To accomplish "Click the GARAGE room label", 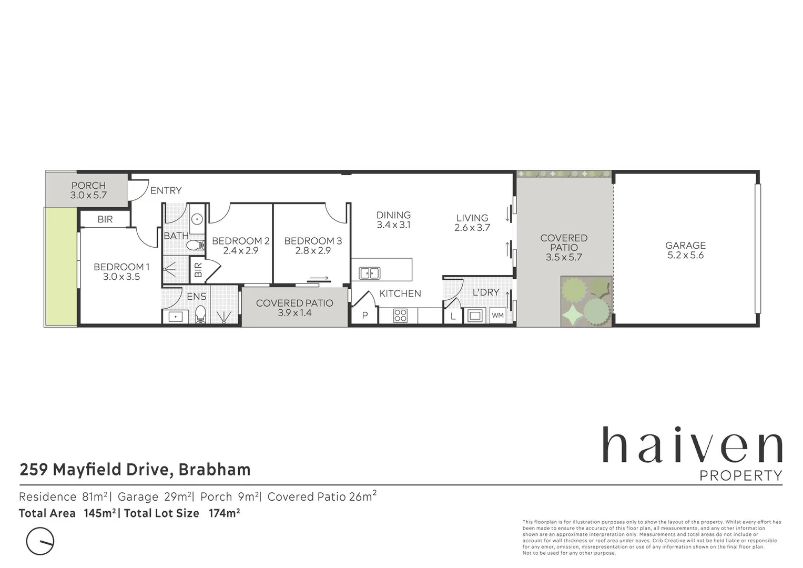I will coord(685,245).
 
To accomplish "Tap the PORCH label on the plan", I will coord(88,185).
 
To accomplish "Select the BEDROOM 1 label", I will coord(121,267).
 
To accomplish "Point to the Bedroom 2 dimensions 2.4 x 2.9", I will coord(240,251).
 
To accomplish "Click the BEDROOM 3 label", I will coord(313,241).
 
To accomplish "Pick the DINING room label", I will coord(393,215).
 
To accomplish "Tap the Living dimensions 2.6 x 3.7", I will coord(472,228).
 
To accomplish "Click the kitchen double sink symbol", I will coord(370,273).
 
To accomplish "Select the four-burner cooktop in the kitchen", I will coord(400,316).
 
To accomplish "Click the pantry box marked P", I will coord(365,316).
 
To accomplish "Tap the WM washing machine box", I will coord(497,316).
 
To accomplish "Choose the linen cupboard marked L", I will coord(453,317).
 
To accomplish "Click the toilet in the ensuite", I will coord(200,315).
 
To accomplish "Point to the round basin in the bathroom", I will coord(197,219).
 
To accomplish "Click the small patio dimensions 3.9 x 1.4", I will coord(294,313).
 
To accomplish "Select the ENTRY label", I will coord(166,190).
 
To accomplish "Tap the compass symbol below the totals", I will coord(40,541).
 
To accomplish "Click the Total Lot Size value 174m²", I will coord(225,513).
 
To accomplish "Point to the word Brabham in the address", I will coord(215,469).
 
